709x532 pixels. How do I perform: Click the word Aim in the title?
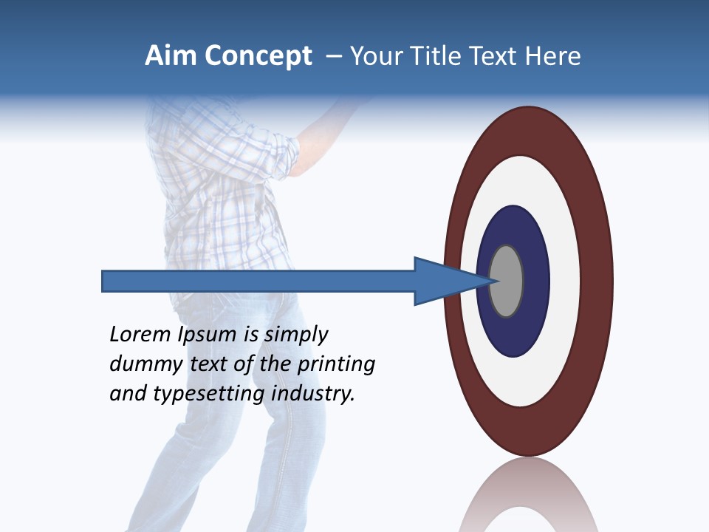coord(172,56)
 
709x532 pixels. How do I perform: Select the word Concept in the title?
coord(258,56)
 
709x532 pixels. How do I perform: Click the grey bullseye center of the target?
coord(507,282)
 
